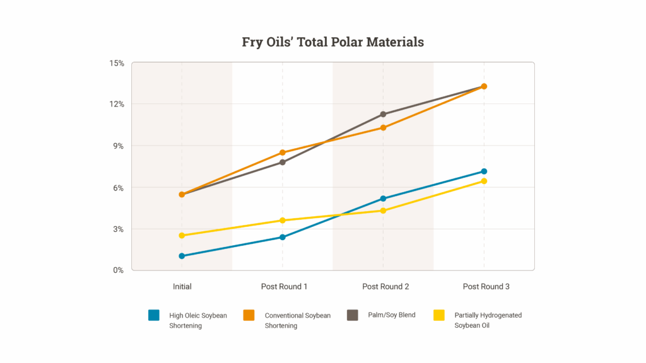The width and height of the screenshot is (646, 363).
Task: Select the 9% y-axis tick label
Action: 118,146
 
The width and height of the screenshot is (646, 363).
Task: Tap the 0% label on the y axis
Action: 118,270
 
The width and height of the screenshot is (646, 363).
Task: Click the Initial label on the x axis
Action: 182,287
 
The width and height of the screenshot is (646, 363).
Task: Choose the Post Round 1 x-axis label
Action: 284,287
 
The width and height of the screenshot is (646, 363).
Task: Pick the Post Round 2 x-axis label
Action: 385,287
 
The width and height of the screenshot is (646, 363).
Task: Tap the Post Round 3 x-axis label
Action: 486,287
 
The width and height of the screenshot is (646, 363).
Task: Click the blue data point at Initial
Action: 182,256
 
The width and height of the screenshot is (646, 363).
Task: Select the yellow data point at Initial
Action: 182,236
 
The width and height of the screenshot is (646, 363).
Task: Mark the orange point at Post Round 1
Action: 283,153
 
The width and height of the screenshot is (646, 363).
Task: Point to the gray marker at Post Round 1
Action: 283,163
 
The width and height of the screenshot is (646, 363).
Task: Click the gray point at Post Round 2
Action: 383,114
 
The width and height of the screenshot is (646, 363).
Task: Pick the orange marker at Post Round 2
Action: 383,128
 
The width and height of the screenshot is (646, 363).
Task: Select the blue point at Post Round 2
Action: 383,199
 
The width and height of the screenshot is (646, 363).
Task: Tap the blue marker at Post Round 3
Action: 484,171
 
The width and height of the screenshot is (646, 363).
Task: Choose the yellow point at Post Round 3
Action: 484,181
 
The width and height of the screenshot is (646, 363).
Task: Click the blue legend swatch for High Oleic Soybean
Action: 154,315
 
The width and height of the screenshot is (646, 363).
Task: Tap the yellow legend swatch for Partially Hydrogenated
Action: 440,315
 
